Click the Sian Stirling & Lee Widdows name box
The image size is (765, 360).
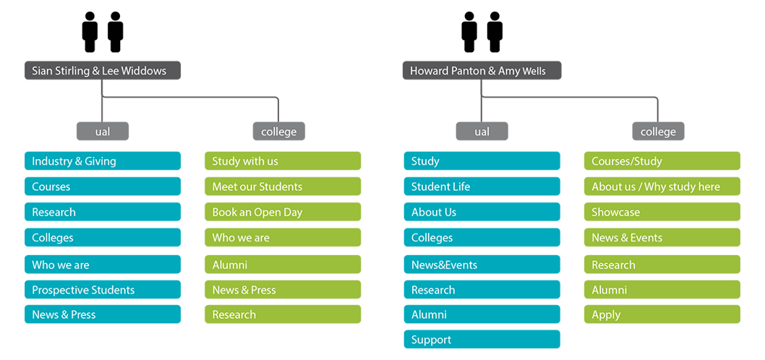click(102, 71)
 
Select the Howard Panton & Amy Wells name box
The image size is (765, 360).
click(482, 71)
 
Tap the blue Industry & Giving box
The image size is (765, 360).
click(102, 161)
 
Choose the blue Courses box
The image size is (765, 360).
click(102, 187)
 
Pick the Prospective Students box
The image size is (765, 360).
click(102, 290)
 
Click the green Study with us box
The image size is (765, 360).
click(282, 161)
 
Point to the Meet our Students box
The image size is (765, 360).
click(282, 187)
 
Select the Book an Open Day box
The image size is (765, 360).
click(282, 212)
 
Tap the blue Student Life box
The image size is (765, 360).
click(482, 187)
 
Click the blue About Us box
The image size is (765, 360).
click(482, 212)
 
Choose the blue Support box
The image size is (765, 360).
click(482, 340)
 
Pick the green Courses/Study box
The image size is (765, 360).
click(662, 161)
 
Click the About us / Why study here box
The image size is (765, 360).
click(662, 187)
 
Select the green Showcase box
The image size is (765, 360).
click(662, 212)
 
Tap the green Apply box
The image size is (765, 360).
click(662, 314)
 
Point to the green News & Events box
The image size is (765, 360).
click(662, 238)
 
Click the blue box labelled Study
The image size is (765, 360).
click(482, 161)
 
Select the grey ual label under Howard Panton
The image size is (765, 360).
click(482, 132)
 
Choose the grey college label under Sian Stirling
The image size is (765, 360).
click(279, 132)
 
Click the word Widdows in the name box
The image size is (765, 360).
click(145, 71)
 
